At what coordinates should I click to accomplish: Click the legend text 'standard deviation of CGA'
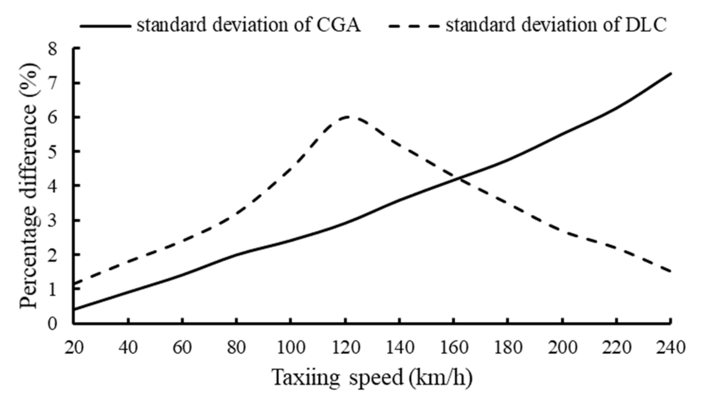point(249,25)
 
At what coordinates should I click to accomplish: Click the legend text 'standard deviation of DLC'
point(556,25)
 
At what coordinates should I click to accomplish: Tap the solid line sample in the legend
point(105,26)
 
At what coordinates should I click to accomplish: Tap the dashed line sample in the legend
point(414,26)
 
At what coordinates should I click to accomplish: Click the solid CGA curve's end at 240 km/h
point(671,74)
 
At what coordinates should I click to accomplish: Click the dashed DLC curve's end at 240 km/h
point(671,272)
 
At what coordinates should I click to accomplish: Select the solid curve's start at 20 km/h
point(74,310)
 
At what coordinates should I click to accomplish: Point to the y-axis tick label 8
point(53,49)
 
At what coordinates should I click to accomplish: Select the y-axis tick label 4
point(53,186)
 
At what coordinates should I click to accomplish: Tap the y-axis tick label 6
point(53,118)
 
